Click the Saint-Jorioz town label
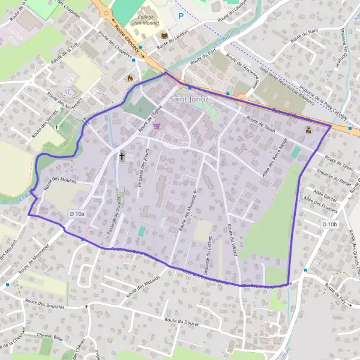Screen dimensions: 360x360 [189, 97]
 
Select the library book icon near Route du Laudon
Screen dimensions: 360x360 [164, 37]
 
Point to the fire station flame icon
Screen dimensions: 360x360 [129, 77]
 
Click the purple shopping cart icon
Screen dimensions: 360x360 [157, 126]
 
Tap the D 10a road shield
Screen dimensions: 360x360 [77, 214]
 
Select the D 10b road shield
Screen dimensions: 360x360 [330, 224]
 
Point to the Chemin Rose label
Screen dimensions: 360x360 [50, 337]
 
